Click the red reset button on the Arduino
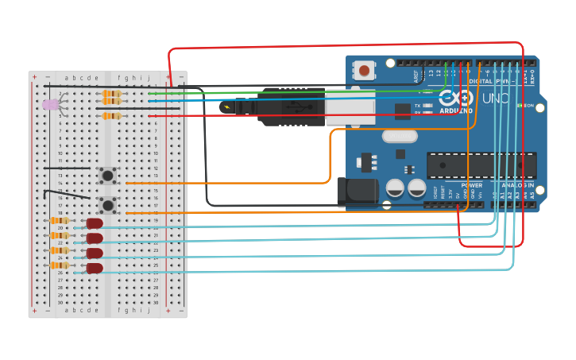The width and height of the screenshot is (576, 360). (x=364, y=71)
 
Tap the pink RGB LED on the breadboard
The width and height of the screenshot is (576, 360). (x=50, y=104)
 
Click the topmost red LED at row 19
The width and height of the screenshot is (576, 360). (x=95, y=223)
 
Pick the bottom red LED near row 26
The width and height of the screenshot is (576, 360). (x=95, y=268)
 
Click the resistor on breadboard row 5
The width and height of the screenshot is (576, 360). (x=112, y=116)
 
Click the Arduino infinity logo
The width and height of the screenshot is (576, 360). (x=449, y=99)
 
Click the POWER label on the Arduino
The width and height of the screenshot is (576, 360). (x=471, y=185)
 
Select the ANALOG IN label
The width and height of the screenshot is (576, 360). (x=516, y=185)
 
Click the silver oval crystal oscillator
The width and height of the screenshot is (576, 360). (x=399, y=136)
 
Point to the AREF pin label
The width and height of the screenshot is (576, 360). (x=415, y=75)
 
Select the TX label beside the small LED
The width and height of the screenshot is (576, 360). (x=418, y=105)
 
